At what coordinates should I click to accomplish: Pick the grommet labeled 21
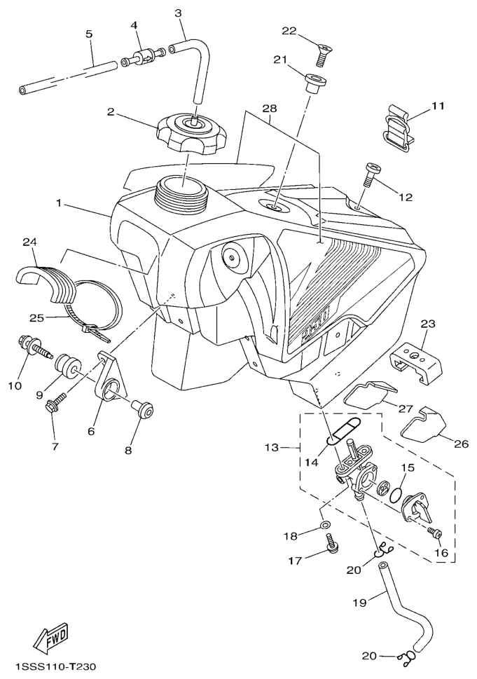pos(316,83)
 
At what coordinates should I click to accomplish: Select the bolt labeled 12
pos(370,174)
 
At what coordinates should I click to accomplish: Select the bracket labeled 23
pos(417,362)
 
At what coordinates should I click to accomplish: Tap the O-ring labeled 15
pos(397,495)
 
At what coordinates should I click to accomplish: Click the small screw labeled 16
pos(434,533)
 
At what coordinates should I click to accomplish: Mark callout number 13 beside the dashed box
pos(272,447)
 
